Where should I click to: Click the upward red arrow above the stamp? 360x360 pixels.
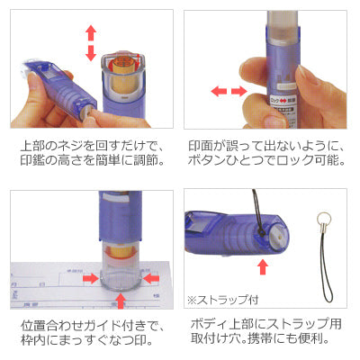point(91,33)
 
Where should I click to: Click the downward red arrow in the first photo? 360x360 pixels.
point(91,53)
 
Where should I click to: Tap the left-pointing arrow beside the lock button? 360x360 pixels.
point(219,91)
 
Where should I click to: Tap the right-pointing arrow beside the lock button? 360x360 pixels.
point(239,91)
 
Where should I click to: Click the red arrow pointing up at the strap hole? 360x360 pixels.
point(263,266)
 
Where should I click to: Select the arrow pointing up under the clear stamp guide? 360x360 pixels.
point(121,301)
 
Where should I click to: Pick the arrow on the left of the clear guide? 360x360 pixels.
point(91,279)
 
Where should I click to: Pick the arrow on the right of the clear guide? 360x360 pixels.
point(151,279)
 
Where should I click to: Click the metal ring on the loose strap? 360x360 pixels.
point(325,217)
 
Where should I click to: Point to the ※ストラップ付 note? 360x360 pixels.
point(222,300)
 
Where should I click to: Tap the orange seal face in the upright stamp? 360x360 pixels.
point(122,63)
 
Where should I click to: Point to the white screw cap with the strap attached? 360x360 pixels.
point(280,237)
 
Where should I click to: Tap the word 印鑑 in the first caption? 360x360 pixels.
point(32,160)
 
